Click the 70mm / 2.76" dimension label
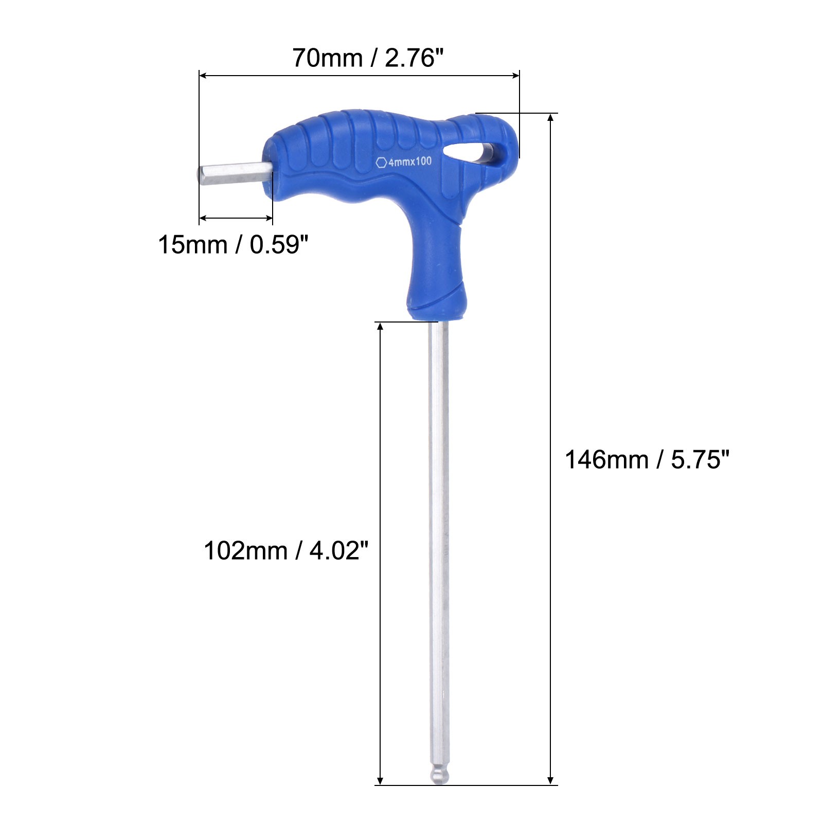(368, 58)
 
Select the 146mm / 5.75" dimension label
(647, 459)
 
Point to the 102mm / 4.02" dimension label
(286, 550)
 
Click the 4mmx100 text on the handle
(410, 162)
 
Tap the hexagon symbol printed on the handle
(381, 163)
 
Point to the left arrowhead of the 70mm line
(203, 76)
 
